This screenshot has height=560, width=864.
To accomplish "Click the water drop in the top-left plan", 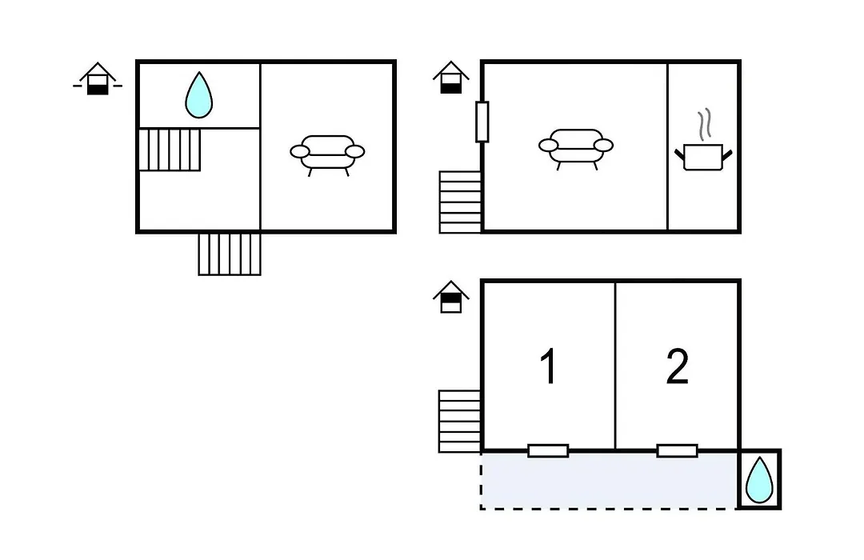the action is click(199, 95).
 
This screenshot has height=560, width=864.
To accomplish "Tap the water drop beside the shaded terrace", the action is click(759, 480).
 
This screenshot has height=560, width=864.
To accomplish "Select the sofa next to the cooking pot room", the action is click(576, 147).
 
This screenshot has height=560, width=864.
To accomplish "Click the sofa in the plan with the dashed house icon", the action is click(327, 154).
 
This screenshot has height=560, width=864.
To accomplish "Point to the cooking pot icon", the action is click(703, 157).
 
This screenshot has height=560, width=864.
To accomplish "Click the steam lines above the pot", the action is click(704, 124).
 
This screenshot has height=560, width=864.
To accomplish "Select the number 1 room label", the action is click(548, 366).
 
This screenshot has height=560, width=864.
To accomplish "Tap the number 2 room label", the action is click(678, 366).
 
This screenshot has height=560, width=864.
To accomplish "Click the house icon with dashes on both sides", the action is click(98, 79).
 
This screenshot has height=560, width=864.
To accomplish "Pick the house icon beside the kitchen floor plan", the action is click(450, 77).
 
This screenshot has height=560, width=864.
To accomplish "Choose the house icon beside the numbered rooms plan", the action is click(450, 297).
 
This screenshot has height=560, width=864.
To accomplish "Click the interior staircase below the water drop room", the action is click(170, 150).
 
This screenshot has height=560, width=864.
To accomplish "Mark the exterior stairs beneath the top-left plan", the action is click(230, 254).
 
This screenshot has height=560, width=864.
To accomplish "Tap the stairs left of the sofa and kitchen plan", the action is click(460, 202).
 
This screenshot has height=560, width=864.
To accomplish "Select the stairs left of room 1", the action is click(459, 422).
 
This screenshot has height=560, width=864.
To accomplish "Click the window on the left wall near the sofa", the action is click(482, 122).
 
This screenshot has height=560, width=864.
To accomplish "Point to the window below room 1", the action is click(548, 451).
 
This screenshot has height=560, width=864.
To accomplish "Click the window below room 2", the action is click(678, 451).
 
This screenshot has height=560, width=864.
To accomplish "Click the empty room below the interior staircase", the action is click(199, 200).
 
